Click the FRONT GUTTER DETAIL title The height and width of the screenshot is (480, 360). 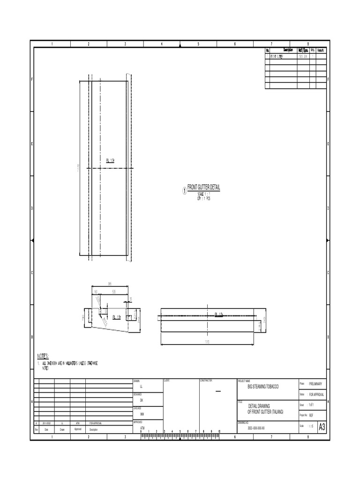coord(203,187)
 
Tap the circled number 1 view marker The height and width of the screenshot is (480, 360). coord(184,191)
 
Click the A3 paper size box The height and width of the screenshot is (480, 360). coord(322,427)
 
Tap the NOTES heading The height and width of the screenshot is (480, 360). coord(43,357)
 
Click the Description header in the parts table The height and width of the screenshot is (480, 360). coord(287,50)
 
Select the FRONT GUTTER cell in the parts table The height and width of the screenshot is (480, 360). coord(277,56)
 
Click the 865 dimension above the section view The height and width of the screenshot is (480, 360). coord(110,283)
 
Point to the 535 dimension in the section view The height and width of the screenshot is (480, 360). coord(115,291)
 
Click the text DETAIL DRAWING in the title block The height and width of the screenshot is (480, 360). coord(259,406)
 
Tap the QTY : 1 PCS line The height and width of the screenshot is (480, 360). coord(204,198)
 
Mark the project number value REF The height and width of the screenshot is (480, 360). coord(311,415)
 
